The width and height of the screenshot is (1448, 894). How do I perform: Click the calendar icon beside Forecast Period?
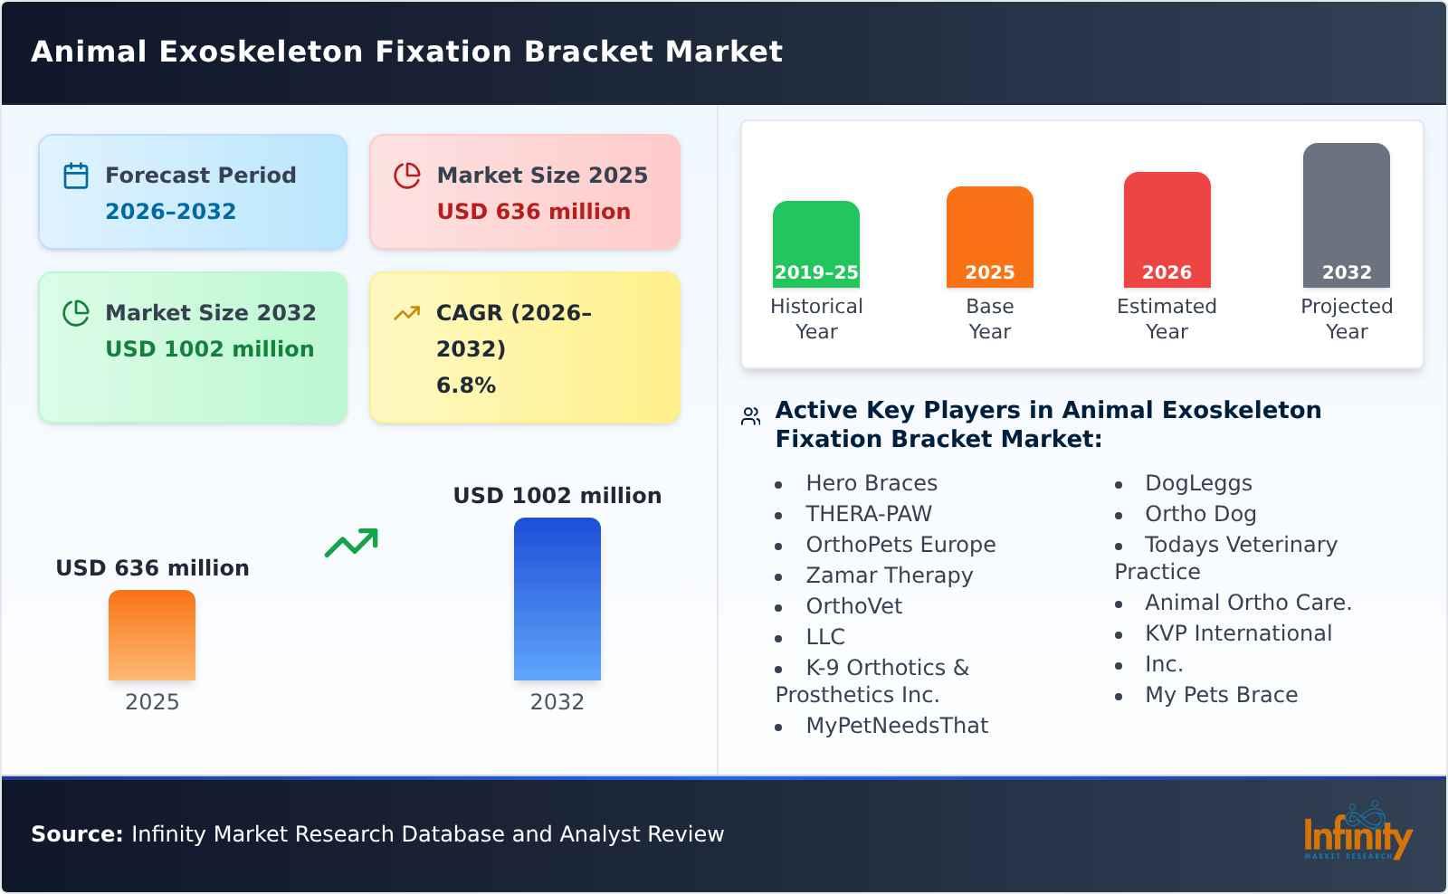pos(76,176)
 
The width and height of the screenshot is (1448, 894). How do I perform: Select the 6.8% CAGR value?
pos(465,385)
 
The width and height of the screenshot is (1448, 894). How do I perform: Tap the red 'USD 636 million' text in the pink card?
pos(533,212)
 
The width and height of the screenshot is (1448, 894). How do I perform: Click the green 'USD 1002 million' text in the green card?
pos(209,349)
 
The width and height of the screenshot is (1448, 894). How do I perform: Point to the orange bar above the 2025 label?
pos(152,635)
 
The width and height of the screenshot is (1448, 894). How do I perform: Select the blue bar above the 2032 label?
pos(557,599)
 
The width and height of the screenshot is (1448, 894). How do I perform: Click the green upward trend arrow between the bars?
pos(351,543)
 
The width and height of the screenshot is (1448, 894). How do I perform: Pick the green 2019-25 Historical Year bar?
pos(815,244)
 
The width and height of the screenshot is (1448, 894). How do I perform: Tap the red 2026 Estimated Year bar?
pos(1167,230)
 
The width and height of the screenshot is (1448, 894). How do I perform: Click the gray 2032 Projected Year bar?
pos(1346,215)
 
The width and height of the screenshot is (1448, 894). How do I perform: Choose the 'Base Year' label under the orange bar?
pos(989,319)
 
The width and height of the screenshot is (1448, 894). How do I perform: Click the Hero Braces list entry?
pos(871,483)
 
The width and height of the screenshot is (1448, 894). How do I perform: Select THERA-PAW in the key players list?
pos(868,514)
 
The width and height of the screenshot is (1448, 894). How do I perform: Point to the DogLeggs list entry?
pos(1197,483)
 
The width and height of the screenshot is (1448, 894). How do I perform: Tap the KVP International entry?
pos(1237,633)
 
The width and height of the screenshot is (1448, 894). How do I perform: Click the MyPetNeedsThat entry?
pos(896,726)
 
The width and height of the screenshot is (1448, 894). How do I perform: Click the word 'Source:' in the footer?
pos(77,834)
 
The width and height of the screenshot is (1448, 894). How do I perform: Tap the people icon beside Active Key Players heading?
pos(750,416)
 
